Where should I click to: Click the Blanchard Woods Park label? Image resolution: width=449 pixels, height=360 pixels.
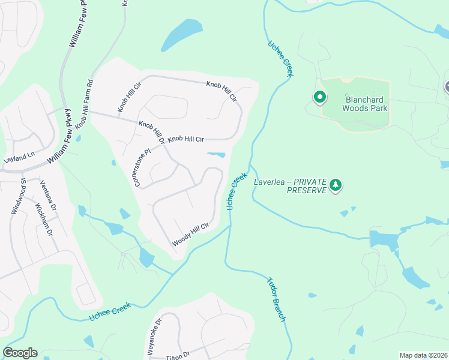(x=365, y=104)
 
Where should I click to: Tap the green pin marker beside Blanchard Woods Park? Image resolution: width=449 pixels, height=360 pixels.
(x=319, y=96)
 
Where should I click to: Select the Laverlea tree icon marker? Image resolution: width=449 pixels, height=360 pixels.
(x=336, y=186)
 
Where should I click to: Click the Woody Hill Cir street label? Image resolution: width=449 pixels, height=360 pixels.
(x=190, y=235)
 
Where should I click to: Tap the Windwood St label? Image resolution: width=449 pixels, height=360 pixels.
(x=19, y=196)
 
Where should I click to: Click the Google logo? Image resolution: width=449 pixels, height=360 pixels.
(x=20, y=353)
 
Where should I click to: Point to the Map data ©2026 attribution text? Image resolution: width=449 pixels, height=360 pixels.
(x=423, y=355)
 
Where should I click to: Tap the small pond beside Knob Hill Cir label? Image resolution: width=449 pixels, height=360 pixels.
(x=217, y=155)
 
